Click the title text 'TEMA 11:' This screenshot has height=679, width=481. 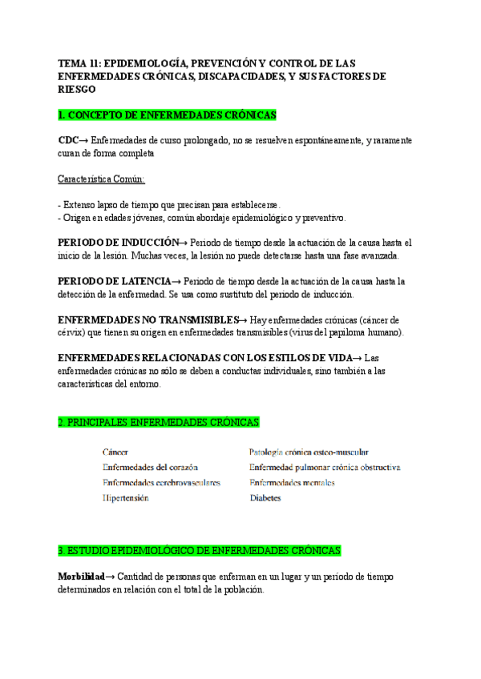coord(79,62)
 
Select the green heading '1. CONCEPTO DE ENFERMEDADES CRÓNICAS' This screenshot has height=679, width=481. coord(167,115)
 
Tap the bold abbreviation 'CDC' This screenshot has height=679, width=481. coord(68,140)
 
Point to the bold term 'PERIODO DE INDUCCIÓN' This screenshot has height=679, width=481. coord(119,243)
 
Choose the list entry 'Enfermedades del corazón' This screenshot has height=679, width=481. coord(150,468)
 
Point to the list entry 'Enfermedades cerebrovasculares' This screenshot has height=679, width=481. coord(161,483)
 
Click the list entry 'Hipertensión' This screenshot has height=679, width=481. coord(126,498)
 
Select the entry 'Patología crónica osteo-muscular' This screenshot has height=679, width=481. coord(309,452)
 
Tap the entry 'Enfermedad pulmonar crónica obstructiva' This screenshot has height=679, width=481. coord(325,468)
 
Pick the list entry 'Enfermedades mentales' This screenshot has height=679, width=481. coord(292,483)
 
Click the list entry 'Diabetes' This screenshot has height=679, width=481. coord(265,498)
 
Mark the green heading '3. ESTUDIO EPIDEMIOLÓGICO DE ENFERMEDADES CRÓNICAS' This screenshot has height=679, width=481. coord(200,551)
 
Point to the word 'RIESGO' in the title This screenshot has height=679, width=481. coord(78,89)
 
